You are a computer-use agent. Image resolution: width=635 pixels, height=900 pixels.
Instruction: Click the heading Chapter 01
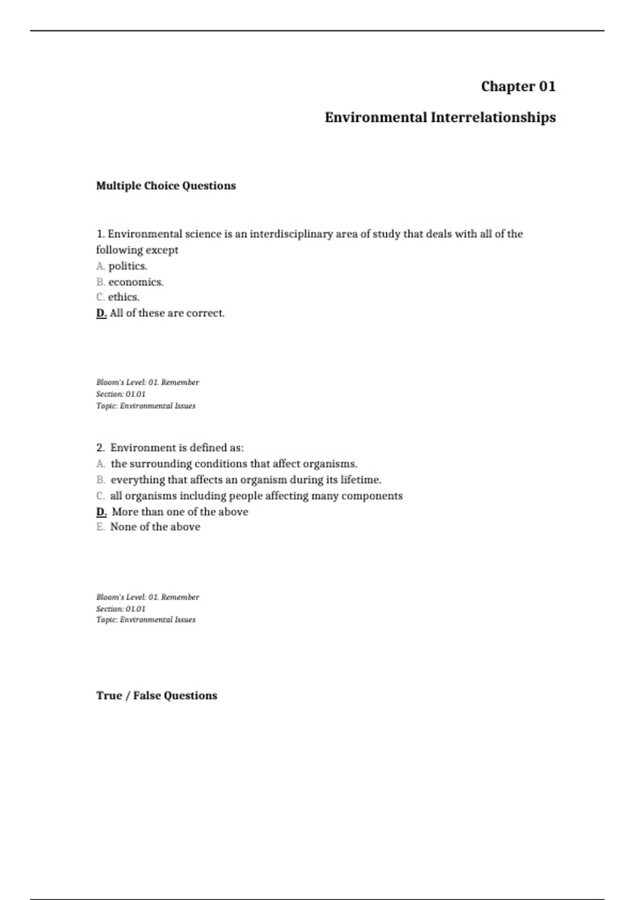[x=518, y=86]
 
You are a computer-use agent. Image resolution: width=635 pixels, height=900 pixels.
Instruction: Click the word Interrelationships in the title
[x=493, y=118]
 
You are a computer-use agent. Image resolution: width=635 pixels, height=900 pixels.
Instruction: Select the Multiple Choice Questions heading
[x=166, y=186]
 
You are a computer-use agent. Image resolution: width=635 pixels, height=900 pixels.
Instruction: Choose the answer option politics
[x=128, y=266]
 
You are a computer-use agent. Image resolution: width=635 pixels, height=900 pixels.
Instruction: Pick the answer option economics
[x=136, y=282]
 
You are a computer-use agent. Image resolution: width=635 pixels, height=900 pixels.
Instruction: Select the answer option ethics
[x=124, y=297]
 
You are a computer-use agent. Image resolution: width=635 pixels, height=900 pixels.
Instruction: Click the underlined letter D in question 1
[x=102, y=313]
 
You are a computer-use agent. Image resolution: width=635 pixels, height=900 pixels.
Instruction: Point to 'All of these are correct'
[x=167, y=313]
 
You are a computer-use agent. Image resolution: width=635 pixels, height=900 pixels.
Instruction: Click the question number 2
[x=100, y=448]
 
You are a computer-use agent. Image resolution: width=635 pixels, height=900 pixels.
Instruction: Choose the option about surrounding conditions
[x=234, y=464]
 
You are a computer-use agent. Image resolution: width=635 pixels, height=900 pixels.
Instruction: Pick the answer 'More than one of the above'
[x=180, y=512]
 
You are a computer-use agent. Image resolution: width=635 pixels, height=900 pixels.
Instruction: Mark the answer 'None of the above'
[x=155, y=527]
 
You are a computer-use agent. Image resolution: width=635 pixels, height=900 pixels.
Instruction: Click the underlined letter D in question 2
[x=102, y=512]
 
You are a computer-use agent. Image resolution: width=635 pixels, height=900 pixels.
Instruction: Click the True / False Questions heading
[x=157, y=696]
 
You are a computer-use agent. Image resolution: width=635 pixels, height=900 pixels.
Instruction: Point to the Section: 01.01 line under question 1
[x=121, y=394]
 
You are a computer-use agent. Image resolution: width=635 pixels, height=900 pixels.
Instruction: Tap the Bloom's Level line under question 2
[x=148, y=597]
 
